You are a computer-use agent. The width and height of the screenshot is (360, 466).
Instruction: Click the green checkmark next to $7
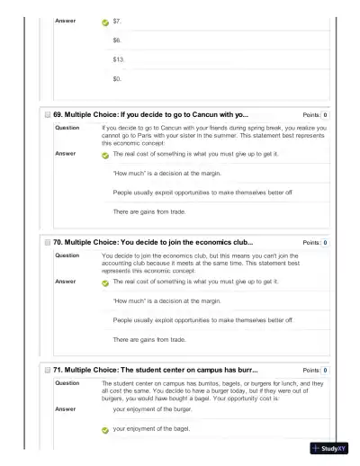105,21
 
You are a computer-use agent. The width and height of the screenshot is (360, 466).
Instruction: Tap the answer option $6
117,40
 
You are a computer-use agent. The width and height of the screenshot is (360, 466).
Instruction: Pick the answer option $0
117,78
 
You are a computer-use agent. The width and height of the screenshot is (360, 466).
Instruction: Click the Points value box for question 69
324,115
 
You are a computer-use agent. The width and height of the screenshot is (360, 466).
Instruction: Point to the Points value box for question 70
324,243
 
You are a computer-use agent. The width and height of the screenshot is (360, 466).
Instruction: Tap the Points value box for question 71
324,370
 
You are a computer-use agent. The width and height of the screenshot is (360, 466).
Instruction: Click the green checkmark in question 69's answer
105,155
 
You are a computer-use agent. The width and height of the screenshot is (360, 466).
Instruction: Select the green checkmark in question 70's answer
105,282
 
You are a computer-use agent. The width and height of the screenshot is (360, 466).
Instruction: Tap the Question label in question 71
67,382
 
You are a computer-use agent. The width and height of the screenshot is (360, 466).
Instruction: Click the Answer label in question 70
65,282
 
